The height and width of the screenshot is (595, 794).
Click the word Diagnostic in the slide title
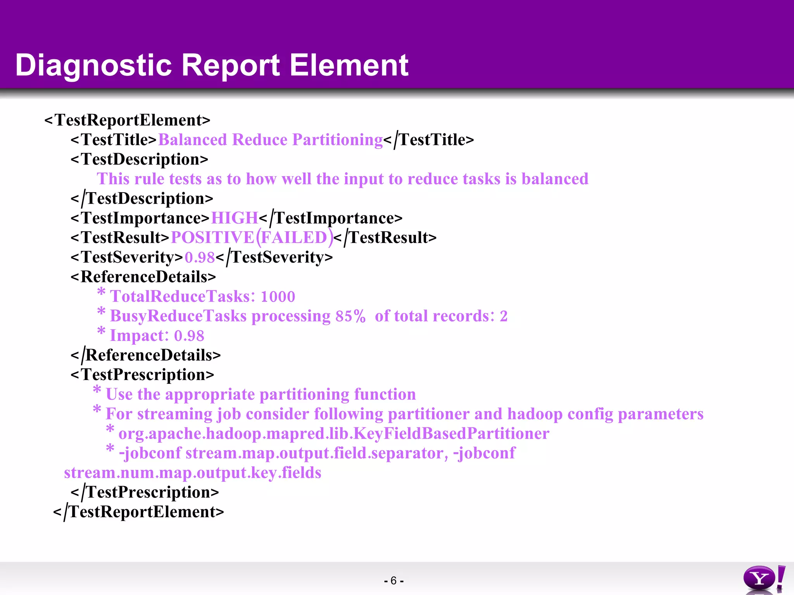click(93, 65)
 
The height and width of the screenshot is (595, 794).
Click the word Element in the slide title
click(349, 65)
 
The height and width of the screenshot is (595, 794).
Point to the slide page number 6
click(394, 581)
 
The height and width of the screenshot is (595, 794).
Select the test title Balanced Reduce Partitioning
click(270, 140)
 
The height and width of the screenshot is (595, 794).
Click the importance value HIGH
click(234, 218)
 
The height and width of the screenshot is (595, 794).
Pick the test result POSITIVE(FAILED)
click(252, 238)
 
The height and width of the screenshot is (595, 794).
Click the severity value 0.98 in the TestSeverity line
click(200, 258)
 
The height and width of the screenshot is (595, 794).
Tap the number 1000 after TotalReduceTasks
click(278, 297)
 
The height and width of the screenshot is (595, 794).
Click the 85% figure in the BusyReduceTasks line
click(350, 316)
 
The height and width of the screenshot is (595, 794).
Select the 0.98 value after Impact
click(189, 336)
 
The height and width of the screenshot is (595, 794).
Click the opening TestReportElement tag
click(127, 120)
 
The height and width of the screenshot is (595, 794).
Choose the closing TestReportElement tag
click(138, 512)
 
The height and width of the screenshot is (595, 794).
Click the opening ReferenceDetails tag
click(143, 277)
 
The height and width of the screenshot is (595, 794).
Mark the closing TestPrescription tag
click(145, 492)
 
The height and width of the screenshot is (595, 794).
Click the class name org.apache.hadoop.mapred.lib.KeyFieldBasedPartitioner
click(333, 433)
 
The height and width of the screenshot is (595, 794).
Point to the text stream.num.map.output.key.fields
click(193, 473)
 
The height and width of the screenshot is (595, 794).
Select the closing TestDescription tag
click(142, 199)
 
